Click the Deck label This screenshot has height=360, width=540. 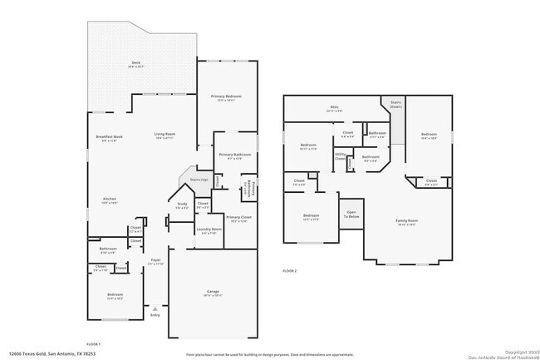pyautogui.click(x=136, y=63)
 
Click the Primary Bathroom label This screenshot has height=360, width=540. pyautogui.click(x=235, y=155)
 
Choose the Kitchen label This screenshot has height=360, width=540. pyautogui.click(x=110, y=200)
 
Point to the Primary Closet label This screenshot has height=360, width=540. pyautogui.click(x=238, y=219)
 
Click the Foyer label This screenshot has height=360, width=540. pyautogui.click(x=155, y=260)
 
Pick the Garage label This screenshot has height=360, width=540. pyautogui.click(x=213, y=292)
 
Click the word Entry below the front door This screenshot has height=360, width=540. pyautogui.click(x=155, y=315)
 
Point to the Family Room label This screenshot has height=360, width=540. pyautogui.click(x=405, y=222)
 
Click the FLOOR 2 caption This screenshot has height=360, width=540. pyautogui.click(x=289, y=271)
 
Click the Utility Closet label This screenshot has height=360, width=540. pyautogui.click(x=341, y=155)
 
